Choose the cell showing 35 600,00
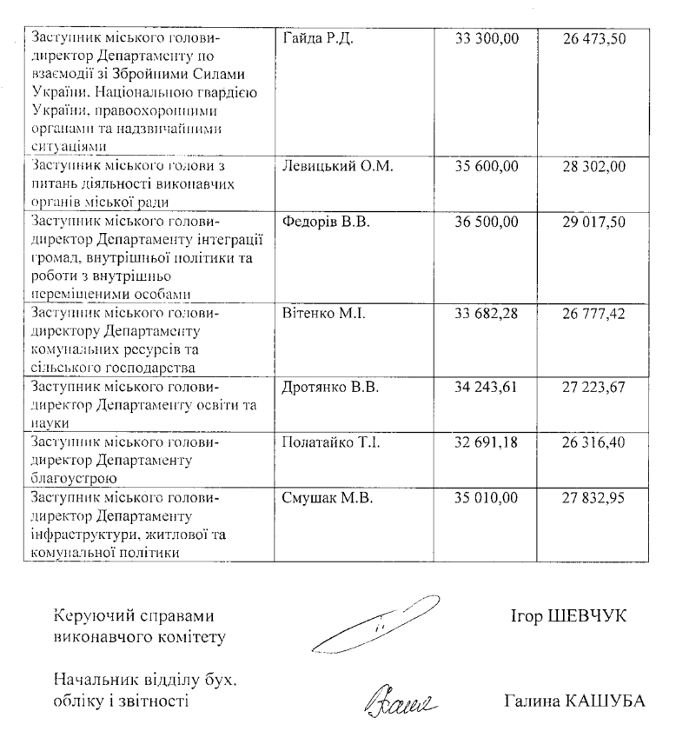pos(487,167)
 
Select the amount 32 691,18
pos(487,440)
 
